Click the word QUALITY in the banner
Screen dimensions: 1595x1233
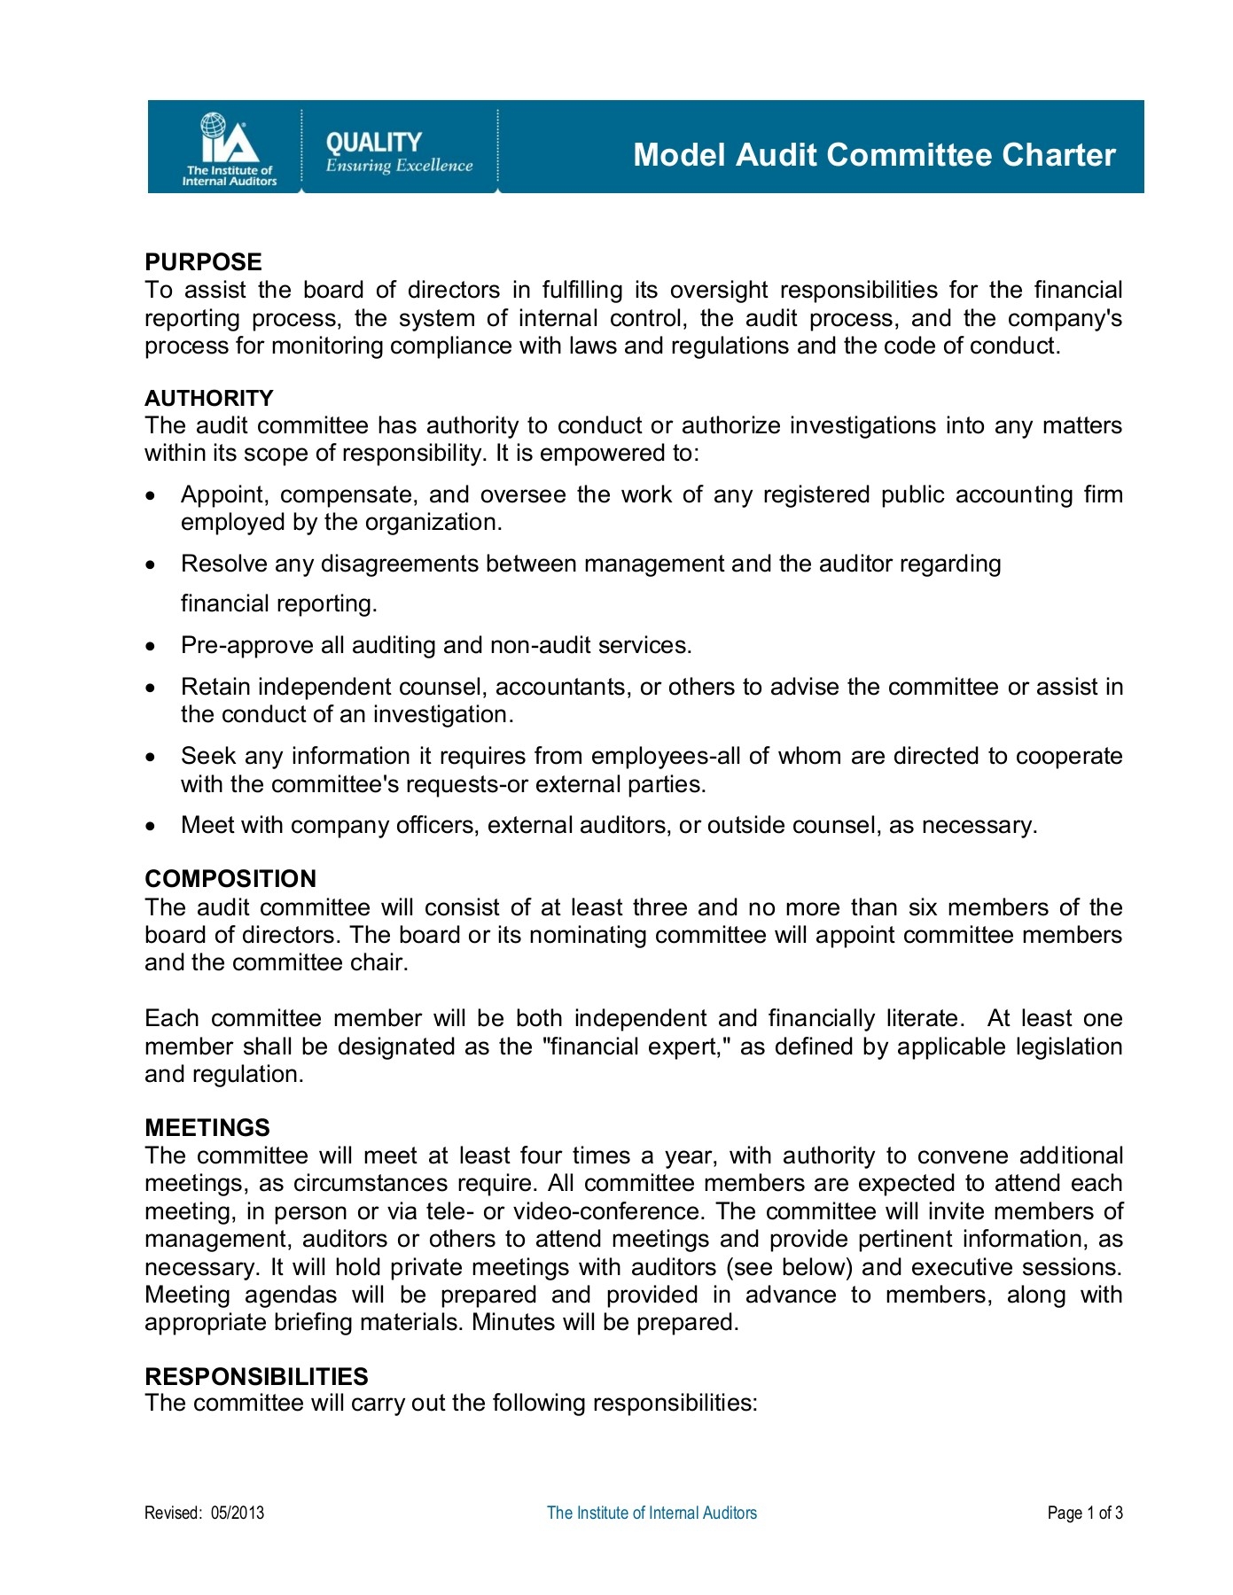coord(373,143)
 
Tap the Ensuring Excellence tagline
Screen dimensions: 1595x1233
coord(399,166)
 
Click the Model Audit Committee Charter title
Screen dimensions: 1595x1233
coord(873,155)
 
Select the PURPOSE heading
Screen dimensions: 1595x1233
coord(203,262)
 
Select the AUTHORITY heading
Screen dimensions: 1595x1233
coord(208,398)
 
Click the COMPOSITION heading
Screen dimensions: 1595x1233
coord(230,879)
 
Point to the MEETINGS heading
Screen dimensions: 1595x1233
coord(207,1128)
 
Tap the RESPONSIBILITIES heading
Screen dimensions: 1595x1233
coord(256,1376)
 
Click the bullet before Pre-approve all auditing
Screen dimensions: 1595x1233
coord(152,646)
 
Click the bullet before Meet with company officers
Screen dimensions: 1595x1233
coord(152,826)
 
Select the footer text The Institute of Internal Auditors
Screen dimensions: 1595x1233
coord(652,1513)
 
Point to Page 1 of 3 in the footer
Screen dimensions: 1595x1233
coord(1084,1513)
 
